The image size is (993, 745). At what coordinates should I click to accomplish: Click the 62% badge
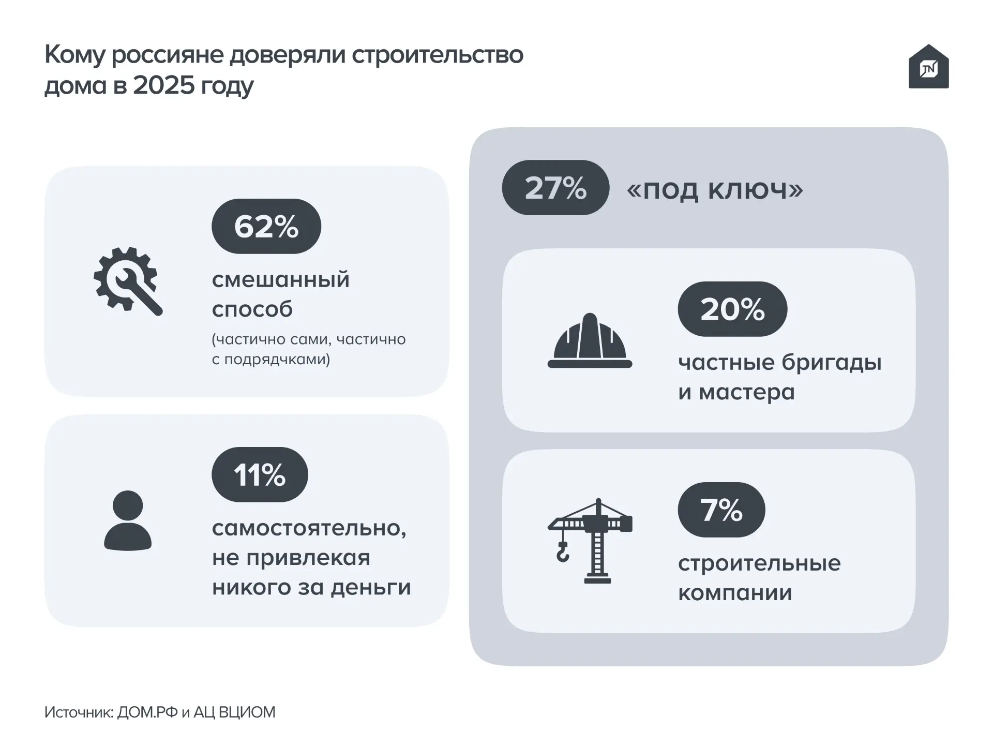266,226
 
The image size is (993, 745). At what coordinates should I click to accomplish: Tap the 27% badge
555,187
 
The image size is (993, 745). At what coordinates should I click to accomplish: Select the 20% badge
732,309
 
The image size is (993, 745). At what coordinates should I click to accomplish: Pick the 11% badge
260,474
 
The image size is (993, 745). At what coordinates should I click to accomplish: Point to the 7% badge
721,510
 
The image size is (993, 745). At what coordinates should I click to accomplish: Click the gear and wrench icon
128,281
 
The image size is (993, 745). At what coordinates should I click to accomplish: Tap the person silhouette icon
128,520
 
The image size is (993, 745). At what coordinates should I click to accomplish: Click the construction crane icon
590,541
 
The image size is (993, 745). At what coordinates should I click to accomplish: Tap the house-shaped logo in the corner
928,67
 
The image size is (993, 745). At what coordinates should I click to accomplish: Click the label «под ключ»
715,189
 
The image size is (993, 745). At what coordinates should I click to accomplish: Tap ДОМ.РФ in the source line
147,712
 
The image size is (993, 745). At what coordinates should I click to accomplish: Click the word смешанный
281,280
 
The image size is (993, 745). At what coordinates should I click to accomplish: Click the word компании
735,593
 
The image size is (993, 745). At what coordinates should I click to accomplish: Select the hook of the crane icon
562,553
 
